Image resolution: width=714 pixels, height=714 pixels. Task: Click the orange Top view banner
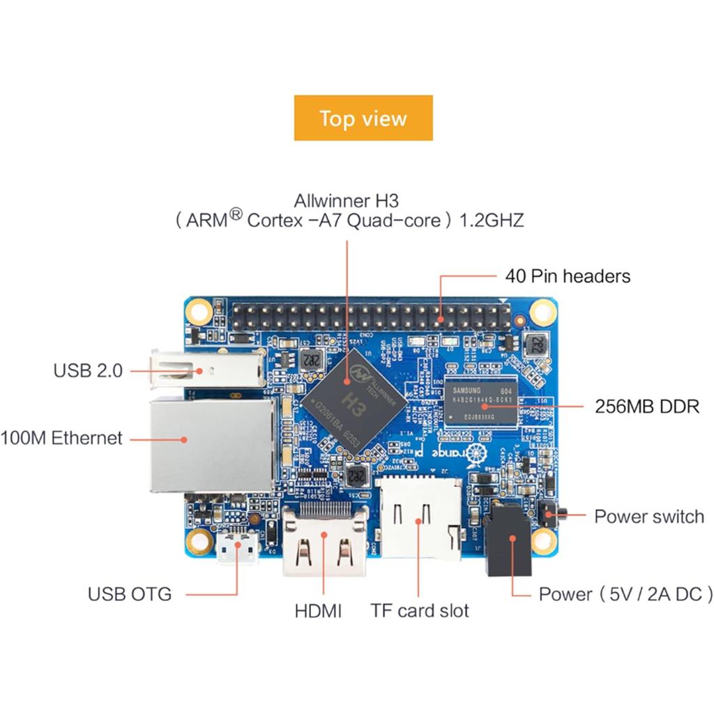[x=363, y=118]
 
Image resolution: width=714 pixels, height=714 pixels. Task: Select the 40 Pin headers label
[x=568, y=276]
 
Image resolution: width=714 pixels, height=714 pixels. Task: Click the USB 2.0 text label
[x=88, y=370]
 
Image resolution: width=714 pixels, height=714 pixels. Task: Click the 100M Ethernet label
[x=61, y=439]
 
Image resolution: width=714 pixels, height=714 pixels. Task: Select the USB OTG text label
[x=130, y=594]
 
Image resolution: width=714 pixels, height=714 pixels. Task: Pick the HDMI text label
[x=318, y=612]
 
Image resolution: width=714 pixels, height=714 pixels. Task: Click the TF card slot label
[x=420, y=612]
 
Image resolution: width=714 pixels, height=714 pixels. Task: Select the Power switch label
[x=648, y=517]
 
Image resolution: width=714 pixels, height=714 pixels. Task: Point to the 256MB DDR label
[x=647, y=406]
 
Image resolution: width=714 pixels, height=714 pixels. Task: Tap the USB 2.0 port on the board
[x=206, y=368]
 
